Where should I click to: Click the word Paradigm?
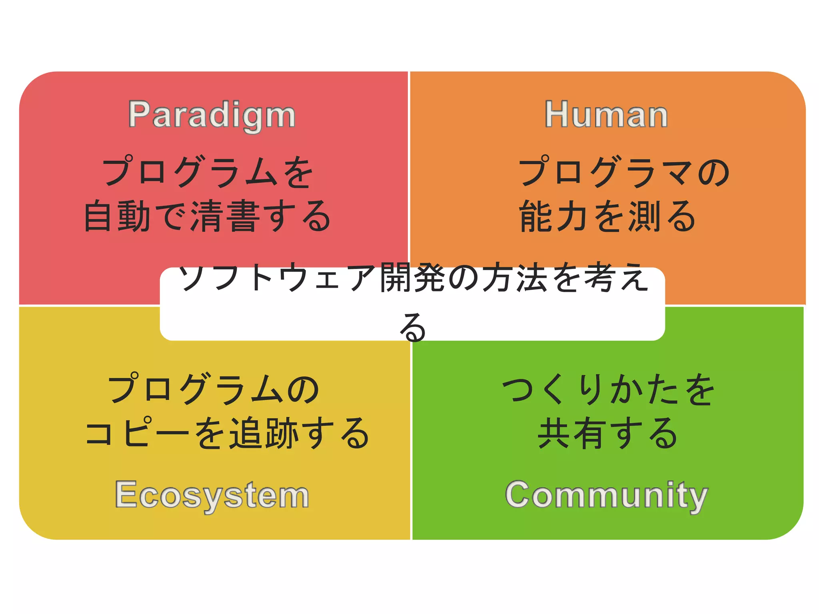click(x=212, y=115)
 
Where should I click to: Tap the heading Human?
click(x=606, y=115)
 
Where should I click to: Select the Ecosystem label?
click(x=212, y=495)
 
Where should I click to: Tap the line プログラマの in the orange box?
click(x=624, y=172)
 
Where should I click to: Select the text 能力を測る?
click(x=607, y=216)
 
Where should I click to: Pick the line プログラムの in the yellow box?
click(x=214, y=389)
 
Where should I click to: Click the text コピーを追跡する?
click(x=227, y=433)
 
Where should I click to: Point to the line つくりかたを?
click(x=608, y=389)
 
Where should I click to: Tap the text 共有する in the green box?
click(x=607, y=433)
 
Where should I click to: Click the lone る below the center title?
click(x=413, y=327)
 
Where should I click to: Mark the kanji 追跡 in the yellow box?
click(x=264, y=433)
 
